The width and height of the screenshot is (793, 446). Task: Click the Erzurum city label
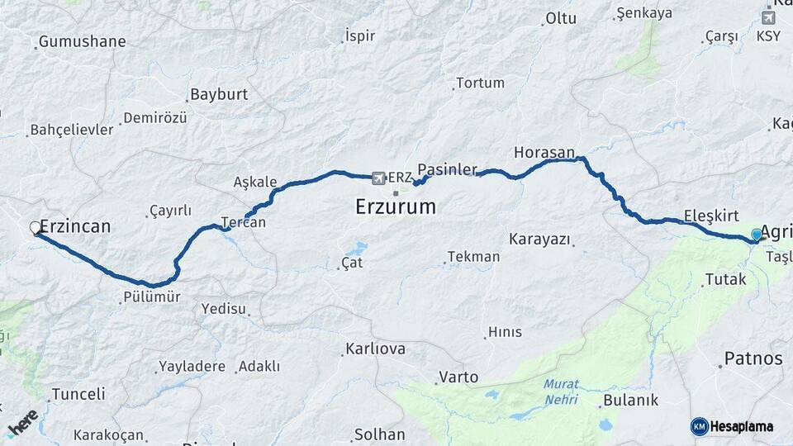coord(396,206)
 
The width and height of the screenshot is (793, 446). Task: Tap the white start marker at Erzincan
coord(36,227)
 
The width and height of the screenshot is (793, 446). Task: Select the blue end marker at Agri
coord(757,235)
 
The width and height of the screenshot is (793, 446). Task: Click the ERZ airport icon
coord(379,178)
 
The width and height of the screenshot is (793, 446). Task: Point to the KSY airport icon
coord(768,17)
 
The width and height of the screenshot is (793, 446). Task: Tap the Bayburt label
coord(219,94)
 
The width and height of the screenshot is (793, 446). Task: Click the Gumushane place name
coord(83,41)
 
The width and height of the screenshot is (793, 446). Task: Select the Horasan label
coord(544,153)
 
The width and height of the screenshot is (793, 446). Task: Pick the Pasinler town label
coord(448,169)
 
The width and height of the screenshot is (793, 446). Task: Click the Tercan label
coord(244,222)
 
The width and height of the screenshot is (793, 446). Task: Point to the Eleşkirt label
coord(710,216)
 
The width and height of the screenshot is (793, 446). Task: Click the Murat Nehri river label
coord(562,392)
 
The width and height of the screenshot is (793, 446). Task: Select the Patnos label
coord(753,358)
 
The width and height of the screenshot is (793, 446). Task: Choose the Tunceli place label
coord(78,394)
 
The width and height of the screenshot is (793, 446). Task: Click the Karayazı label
coord(539,240)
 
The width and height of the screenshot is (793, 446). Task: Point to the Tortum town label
coord(480,83)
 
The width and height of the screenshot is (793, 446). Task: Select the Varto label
coord(458,377)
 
